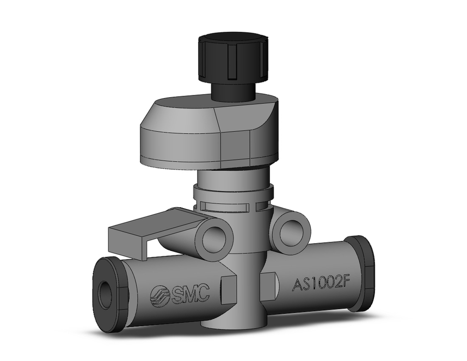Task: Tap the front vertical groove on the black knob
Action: [x=232, y=68]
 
